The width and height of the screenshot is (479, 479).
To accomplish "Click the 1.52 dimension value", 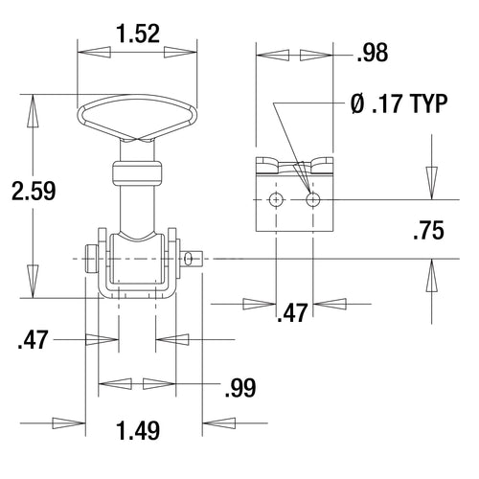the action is [x=139, y=34].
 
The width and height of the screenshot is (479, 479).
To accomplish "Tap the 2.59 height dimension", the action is [x=34, y=191].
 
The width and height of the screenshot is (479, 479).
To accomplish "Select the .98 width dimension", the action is [x=373, y=53].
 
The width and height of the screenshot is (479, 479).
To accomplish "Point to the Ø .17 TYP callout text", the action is [x=399, y=103].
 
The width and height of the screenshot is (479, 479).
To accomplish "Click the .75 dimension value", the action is [x=428, y=231].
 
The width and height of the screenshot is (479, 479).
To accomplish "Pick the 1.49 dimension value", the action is [x=138, y=431].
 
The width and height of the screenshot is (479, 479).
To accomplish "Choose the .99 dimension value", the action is [x=240, y=388].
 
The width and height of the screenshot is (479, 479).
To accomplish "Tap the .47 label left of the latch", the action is [x=34, y=340].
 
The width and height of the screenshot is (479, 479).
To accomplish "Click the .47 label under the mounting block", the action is [x=292, y=313].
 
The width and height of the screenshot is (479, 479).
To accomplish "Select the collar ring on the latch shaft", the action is [x=137, y=173].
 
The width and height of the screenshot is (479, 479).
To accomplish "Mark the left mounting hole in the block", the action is [x=276, y=200].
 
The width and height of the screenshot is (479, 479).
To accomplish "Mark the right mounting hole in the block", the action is [x=313, y=200].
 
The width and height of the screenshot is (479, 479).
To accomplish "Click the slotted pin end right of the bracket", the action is [x=192, y=259].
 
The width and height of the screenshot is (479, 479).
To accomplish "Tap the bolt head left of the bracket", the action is [x=92, y=260].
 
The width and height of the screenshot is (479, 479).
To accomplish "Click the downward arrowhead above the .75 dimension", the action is [x=432, y=183].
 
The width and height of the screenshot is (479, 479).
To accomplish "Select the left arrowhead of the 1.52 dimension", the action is [x=94, y=52].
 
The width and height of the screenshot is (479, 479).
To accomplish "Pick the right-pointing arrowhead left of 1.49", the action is [x=69, y=423].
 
